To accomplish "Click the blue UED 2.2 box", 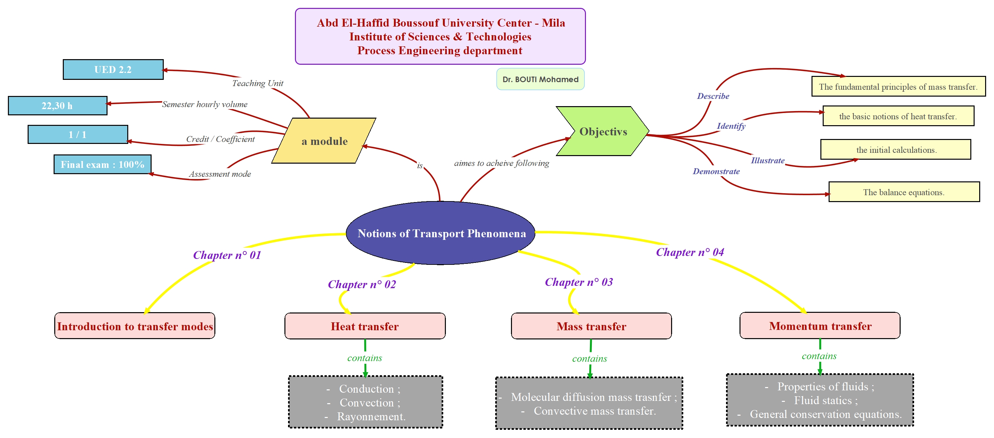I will [113, 69].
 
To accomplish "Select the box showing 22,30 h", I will [58, 106].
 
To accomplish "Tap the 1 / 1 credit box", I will [78, 135].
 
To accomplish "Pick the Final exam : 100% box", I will [102, 165].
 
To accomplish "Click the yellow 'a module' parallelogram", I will [324, 141].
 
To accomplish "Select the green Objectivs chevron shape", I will [603, 131].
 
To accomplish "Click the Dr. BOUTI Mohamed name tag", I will [540, 80].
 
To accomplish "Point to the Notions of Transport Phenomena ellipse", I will [441, 233].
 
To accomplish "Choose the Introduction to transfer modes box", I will [135, 326].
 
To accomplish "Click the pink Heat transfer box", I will [365, 326].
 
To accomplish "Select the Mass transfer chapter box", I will [591, 326].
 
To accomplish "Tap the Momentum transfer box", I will [820, 326].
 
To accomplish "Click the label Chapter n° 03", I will [578, 282].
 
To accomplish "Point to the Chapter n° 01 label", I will [227, 255].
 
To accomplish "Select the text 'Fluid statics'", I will [823, 400].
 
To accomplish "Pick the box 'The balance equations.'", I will [904, 192].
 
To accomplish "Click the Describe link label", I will [713, 96].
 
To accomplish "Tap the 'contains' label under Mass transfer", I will [589, 358].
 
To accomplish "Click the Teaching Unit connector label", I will [257, 83].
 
